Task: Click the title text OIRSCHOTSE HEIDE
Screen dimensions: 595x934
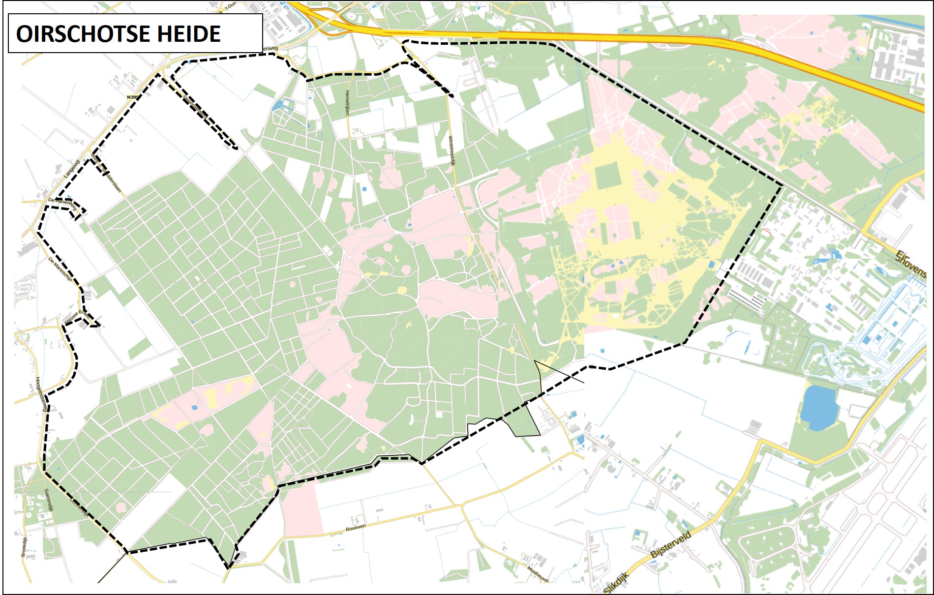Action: pos(118,34)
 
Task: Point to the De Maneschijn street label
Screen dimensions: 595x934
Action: pos(60,270)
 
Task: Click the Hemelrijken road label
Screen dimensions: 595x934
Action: pos(347,103)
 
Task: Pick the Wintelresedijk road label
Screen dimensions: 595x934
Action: pos(451,150)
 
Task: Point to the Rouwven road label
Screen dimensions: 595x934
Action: pos(355,528)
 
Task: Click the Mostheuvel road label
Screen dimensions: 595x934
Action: pos(538,574)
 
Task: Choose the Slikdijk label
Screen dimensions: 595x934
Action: pos(616,583)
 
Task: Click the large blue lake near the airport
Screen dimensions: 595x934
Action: pos(819,407)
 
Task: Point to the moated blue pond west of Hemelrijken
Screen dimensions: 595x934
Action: pos(284,104)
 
